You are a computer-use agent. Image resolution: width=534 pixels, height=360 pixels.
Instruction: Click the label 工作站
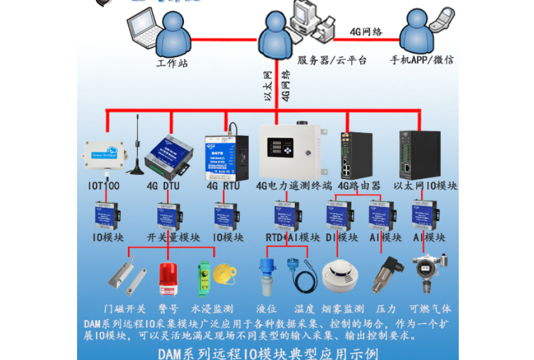point(172,63)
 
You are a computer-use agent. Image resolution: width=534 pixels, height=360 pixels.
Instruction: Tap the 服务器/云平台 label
point(332,60)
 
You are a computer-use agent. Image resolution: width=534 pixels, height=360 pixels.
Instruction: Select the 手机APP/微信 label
point(421,59)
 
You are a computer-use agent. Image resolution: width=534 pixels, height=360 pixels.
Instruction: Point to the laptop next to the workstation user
point(143,28)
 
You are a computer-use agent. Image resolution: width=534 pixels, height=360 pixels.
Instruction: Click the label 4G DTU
point(163,186)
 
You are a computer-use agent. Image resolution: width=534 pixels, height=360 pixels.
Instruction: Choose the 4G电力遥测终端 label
point(294,186)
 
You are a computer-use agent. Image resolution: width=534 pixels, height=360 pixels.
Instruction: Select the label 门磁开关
point(124,308)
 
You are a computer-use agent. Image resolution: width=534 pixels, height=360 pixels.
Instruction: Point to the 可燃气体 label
point(430,308)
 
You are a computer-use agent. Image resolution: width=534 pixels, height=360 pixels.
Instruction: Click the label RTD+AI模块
point(293,237)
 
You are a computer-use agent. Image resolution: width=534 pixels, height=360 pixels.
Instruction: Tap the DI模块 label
point(340,237)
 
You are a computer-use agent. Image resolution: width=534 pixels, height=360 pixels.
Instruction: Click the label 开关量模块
point(171,237)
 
